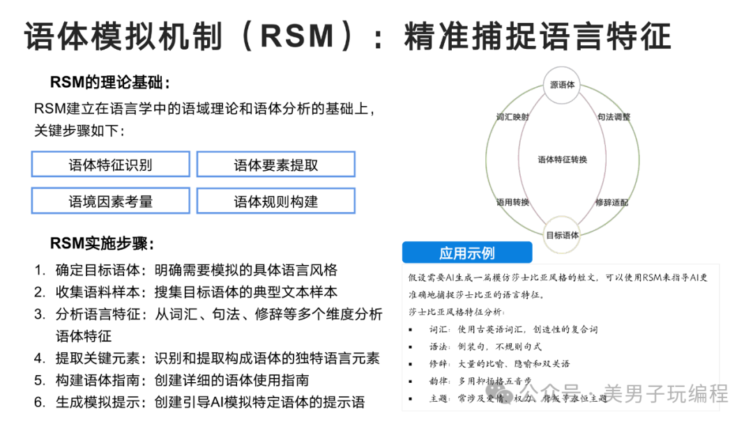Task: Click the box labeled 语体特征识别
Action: tap(110, 164)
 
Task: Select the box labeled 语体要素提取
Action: tap(275, 164)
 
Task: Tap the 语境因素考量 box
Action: tap(110, 201)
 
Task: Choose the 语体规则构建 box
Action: tap(275, 201)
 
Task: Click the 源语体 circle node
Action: tap(562, 85)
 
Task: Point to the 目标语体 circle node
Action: tap(562, 235)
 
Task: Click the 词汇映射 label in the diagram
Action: tap(512, 116)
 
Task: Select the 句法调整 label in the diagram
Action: tap(614, 116)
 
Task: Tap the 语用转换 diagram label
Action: tap(512, 202)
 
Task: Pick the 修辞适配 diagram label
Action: tap(612, 202)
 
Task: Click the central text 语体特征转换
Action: tap(563, 160)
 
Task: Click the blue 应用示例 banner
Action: tap(467, 252)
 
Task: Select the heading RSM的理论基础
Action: tap(109, 82)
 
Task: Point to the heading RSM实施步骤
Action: tap(102, 243)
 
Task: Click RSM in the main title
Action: tap(297, 36)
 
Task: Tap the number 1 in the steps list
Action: tap(39, 271)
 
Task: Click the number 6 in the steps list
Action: tap(39, 402)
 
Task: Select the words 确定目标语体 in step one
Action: tap(98, 271)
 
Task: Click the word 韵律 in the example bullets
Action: tap(439, 381)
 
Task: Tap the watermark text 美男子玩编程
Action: tap(666, 394)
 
